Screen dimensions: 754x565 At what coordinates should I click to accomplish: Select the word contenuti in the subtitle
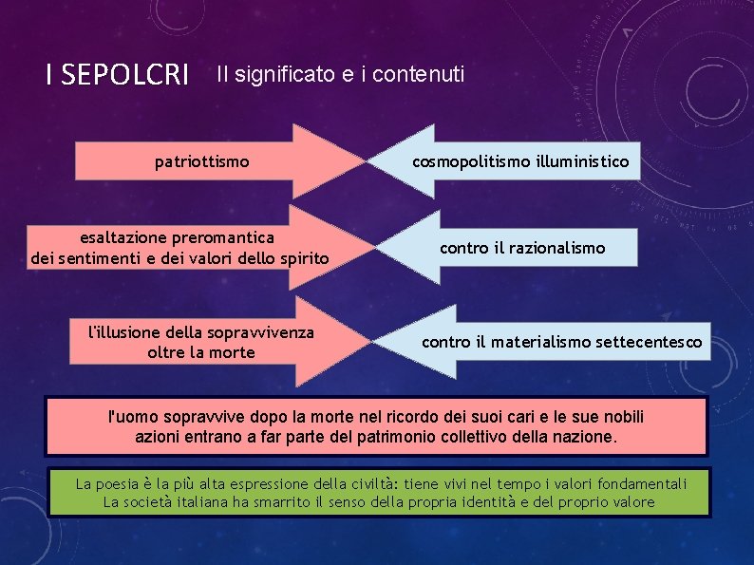tap(423, 73)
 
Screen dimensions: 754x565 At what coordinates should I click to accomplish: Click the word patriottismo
tap(202, 162)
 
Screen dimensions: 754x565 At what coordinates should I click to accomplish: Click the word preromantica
tap(218, 236)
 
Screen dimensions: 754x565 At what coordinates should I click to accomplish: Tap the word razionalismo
tap(556, 248)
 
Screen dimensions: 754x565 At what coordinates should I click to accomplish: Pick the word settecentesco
tap(650, 341)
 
